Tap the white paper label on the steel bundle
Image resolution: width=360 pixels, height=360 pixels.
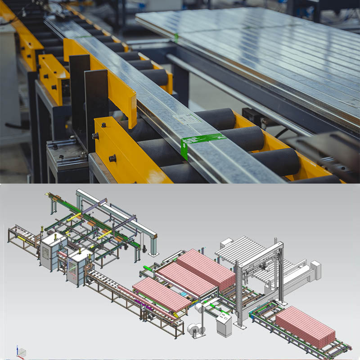[x=186, y=119]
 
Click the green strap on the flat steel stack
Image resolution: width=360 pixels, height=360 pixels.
[x=176, y=37]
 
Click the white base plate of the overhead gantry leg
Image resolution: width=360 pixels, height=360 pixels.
[x=154, y=254]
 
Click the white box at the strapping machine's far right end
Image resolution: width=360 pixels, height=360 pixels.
[x=316, y=269]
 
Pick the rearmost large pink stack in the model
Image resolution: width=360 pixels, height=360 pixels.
[x=205, y=268]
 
